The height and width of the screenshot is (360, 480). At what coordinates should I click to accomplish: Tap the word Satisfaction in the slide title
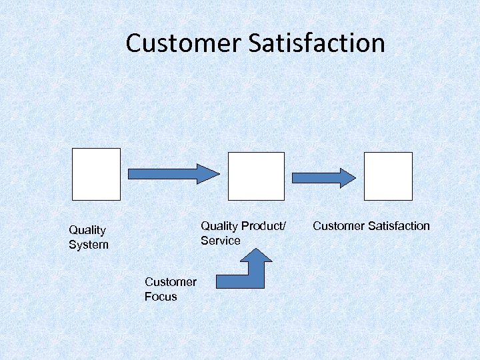(317, 43)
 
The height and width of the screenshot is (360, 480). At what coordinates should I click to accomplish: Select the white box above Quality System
(96, 174)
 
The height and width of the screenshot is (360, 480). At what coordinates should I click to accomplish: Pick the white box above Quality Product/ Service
(256, 176)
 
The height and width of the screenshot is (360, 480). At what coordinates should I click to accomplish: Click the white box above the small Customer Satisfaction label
(388, 176)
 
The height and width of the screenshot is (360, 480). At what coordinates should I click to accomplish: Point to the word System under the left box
(89, 245)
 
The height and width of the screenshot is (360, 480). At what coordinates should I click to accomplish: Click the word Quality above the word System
(87, 230)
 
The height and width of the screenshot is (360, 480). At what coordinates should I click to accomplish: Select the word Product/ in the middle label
(264, 226)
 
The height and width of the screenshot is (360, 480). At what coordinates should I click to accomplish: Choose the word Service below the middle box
(221, 241)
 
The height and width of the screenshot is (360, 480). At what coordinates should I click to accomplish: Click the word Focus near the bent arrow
(161, 297)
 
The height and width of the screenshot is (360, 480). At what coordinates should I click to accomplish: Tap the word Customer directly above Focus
(171, 282)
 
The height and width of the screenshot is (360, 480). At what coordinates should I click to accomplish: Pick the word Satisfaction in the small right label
(397, 226)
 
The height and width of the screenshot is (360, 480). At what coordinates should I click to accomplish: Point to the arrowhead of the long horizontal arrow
(208, 174)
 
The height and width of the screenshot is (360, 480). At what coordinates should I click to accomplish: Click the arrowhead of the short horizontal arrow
(347, 178)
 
